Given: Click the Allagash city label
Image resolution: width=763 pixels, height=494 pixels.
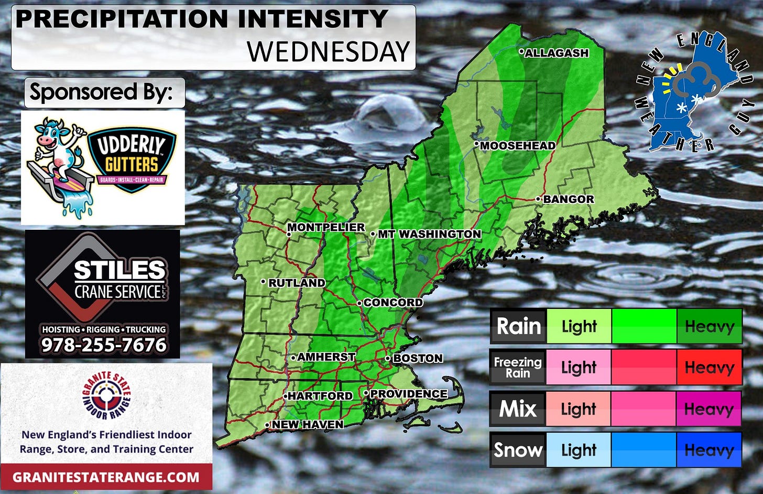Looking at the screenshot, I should (557, 53).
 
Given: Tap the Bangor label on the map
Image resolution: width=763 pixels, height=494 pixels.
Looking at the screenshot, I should (568, 199).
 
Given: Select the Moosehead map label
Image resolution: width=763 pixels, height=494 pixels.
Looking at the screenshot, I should (517, 146).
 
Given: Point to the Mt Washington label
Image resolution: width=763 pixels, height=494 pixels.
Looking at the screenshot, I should (429, 234).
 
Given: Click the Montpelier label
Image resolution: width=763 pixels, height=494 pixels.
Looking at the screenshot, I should (326, 228).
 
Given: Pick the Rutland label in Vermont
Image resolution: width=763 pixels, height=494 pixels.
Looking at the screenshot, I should (297, 283).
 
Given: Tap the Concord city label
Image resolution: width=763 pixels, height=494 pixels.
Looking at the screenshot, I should (393, 303).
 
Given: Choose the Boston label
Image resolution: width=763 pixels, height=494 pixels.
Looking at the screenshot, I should (418, 358).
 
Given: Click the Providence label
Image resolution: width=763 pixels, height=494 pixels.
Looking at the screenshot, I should (409, 394).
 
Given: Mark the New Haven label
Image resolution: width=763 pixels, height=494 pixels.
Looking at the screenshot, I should (308, 424).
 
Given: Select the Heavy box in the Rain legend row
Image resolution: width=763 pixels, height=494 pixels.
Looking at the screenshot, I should (709, 326).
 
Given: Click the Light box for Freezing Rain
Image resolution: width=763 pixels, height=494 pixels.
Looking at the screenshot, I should (579, 368).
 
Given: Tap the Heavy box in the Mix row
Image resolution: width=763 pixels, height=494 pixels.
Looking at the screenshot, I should (709, 409).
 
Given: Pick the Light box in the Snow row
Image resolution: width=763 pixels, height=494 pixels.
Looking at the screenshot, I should (579, 450).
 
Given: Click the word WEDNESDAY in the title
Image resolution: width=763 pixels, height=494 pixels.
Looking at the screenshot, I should (328, 51).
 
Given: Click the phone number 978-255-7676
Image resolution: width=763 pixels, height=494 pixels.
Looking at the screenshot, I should (104, 345).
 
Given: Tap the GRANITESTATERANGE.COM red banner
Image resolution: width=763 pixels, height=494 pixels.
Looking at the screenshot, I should (106, 477).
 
